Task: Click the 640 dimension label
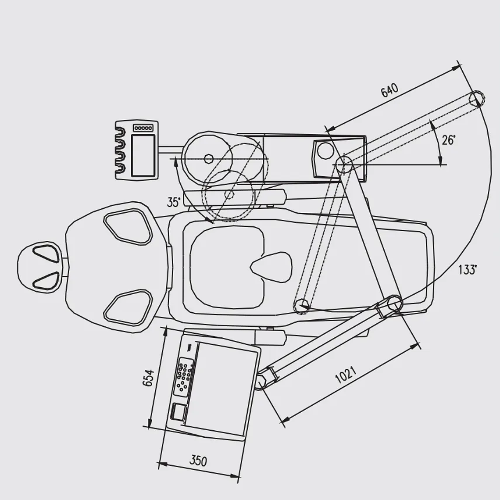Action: pyautogui.click(x=389, y=90)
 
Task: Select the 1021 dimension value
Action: pyautogui.click(x=346, y=375)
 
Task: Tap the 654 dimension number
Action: pyautogui.click(x=148, y=378)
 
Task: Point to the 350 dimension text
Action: pyautogui.click(x=198, y=461)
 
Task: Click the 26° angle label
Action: pyautogui.click(x=449, y=139)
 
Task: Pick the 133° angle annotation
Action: pyautogui.click(x=468, y=270)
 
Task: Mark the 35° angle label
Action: pyautogui.click(x=174, y=202)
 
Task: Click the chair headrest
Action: pyautogui.click(x=39, y=267)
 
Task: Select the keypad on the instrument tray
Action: pyautogui.click(x=184, y=377)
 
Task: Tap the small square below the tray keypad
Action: pyautogui.click(x=179, y=411)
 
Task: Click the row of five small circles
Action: pyautogui.click(x=143, y=128)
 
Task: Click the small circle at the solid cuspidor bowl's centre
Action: pyautogui.click(x=208, y=158)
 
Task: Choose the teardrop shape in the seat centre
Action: pyautogui.click(x=271, y=267)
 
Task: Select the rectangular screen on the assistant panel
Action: pyautogui.click(x=143, y=155)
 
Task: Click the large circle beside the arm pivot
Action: pyautogui.click(x=325, y=150)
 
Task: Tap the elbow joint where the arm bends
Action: pyautogui.click(x=394, y=303)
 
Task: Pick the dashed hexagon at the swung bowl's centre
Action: pyautogui.click(x=229, y=194)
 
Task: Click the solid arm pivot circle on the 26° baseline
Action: pyautogui.click(x=344, y=164)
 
